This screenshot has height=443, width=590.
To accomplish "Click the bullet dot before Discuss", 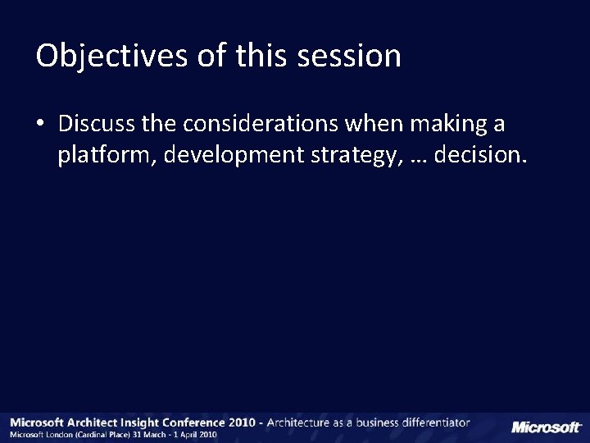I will [41, 126].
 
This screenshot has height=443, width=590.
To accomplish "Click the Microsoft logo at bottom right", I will [546, 427].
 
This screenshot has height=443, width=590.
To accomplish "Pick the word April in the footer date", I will [192, 435].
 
